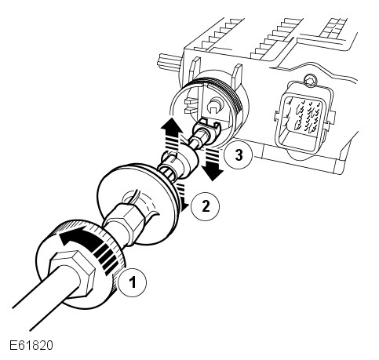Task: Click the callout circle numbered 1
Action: [132, 282]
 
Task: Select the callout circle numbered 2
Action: [206, 206]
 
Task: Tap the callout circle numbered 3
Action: [239, 155]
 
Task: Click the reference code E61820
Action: [31, 345]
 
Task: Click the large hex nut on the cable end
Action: [72, 273]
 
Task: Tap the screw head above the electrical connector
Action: [311, 80]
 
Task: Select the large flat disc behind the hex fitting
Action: [136, 204]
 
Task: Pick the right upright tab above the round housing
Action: [237, 73]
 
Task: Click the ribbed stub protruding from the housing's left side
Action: [167, 60]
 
